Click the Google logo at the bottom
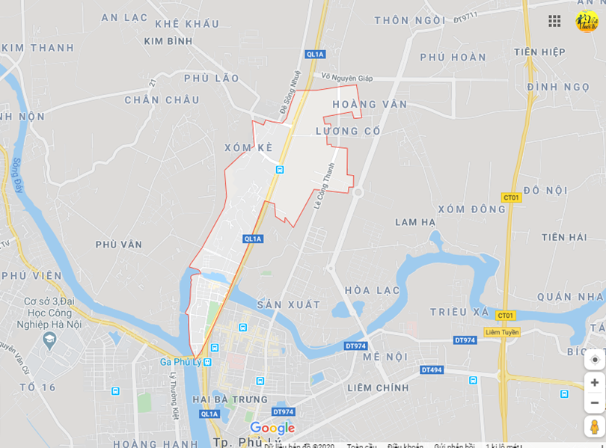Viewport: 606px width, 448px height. click(x=272, y=428)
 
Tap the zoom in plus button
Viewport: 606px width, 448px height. click(x=595, y=383)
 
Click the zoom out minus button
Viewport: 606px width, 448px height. click(x=595, y=403)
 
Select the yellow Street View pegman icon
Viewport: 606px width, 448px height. click(x=595, y=427)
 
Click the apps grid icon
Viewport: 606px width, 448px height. click(x=554, y=21)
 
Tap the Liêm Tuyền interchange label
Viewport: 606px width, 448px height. click(x=502, y=332)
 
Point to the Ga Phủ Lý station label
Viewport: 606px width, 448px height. click(x=182, y=362)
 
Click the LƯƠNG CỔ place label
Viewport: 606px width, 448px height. click(x=348, y=131)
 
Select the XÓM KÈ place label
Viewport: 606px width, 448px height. click(x=248, y=148)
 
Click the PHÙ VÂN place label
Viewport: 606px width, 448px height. click(x=118, y=244)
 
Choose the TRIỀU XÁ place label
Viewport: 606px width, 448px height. click(x=459, y=311)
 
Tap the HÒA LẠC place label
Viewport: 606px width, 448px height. click(x=372, y=290)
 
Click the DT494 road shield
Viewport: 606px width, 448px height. click(x=432, y=369)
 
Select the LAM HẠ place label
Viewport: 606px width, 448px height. click(x=415, y=221)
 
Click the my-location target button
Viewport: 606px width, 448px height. click(x=595, y=360)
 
